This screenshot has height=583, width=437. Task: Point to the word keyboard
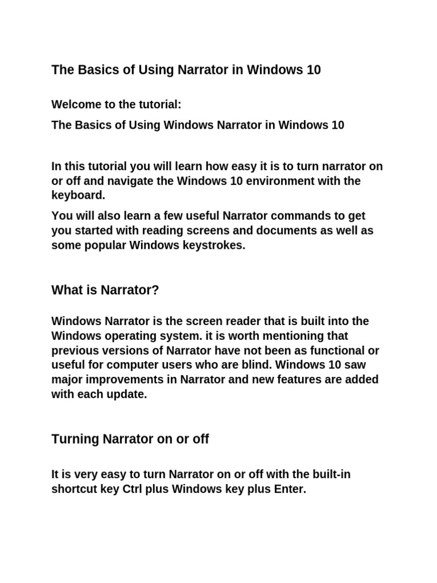(x=78, y=196)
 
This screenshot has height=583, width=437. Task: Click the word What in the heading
(x=65, y=290)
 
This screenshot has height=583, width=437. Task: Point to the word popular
(x=105, y=245)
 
